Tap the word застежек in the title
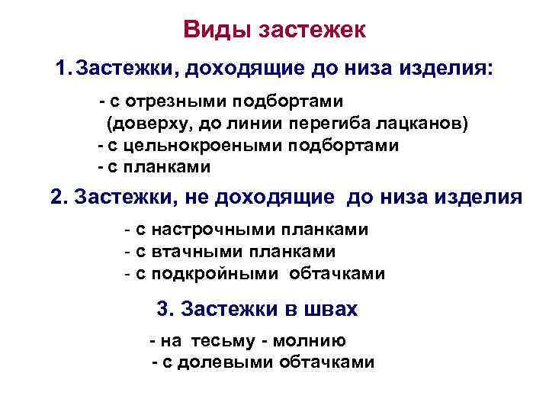point(313,31)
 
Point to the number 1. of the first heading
point(63,69)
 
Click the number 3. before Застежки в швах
point(165,309)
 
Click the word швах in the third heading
point(330,309)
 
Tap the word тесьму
point(217,341)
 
